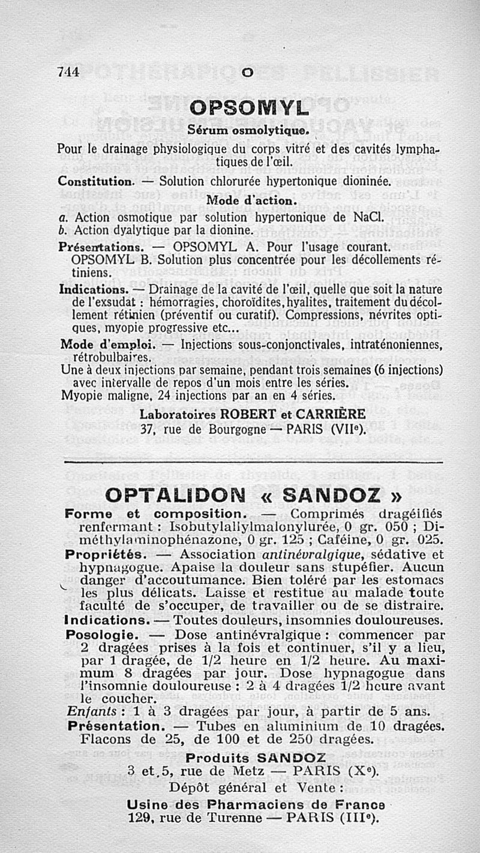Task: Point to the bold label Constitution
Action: point(95,181)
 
